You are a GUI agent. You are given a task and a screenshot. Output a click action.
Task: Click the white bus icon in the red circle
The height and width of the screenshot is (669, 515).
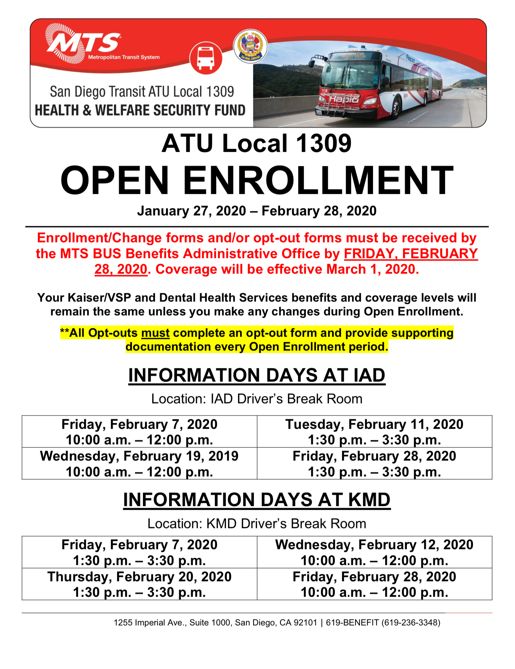206,58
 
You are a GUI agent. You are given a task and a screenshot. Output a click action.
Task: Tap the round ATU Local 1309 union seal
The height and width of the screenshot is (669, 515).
250,46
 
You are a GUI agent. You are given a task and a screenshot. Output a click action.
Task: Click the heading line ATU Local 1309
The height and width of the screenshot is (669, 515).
257,143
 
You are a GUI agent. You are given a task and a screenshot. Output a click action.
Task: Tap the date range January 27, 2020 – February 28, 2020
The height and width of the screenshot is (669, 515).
257,211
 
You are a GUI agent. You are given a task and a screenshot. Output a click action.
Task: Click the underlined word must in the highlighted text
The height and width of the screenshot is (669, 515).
155,333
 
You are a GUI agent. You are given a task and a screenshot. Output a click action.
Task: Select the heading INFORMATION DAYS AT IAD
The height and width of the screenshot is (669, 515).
257,375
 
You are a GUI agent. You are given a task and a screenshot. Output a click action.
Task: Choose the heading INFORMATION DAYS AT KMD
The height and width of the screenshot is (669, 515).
257,500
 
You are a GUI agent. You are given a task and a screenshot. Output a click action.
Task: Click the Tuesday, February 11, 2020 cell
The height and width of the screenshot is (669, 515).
374,432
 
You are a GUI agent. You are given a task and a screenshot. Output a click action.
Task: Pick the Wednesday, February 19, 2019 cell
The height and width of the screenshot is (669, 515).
139,463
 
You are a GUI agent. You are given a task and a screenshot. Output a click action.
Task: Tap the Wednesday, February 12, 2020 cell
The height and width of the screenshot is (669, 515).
374,552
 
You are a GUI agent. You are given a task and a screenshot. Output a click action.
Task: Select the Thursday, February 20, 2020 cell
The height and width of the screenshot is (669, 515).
139,584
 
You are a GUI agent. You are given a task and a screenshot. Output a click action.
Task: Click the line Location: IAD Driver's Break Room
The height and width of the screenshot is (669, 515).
257,399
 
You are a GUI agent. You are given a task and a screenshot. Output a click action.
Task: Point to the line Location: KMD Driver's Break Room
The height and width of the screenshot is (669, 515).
257,523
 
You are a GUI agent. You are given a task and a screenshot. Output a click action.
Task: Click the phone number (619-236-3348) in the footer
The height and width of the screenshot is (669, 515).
411,622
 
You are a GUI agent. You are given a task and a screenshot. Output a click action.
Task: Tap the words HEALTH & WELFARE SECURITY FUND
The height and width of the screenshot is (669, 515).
140,110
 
